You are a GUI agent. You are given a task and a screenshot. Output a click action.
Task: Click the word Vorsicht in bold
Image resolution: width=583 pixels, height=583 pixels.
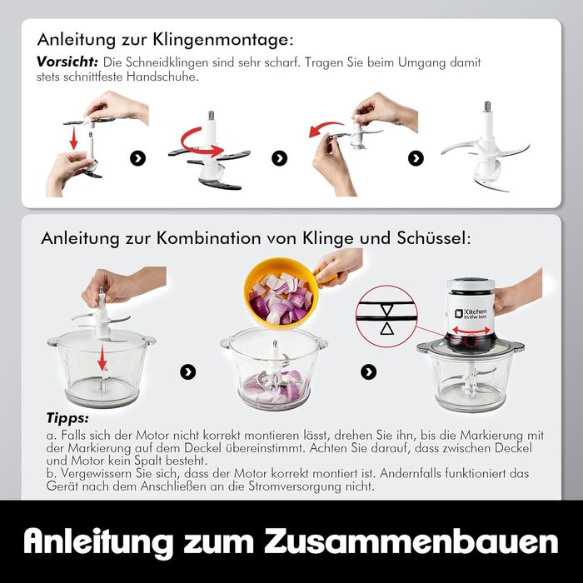tap(67, 62)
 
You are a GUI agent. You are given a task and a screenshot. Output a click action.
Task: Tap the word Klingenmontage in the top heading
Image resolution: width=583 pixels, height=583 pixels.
tap(223, 39)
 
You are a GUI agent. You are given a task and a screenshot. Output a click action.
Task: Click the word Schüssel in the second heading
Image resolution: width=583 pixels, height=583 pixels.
tap(434, 238)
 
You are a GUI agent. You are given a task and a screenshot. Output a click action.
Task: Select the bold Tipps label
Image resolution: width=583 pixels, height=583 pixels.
tap(67, 418)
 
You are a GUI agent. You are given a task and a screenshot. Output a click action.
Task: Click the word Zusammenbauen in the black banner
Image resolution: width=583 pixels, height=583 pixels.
tap(411, 541)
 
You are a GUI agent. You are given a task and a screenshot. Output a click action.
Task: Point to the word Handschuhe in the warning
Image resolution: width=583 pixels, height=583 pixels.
tap(161, 77)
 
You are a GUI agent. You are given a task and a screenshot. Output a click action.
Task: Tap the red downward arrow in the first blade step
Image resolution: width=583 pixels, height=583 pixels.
tap(74, 137)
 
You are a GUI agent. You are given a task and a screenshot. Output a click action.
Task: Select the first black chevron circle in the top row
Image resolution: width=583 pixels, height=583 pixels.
tap(137, 158)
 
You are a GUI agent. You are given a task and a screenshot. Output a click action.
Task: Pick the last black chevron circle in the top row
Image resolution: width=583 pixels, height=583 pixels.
tap(416, 158)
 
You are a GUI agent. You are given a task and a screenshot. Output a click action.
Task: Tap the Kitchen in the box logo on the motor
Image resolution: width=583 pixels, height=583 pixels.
tap(470, 313)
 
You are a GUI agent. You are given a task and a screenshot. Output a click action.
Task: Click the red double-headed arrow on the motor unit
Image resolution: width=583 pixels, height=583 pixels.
tap(471, 330)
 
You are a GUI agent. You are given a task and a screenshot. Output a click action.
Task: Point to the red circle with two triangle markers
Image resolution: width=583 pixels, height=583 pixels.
tap(386, 316)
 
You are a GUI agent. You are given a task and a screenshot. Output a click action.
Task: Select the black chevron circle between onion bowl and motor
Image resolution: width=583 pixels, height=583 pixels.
tap(368, 371)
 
